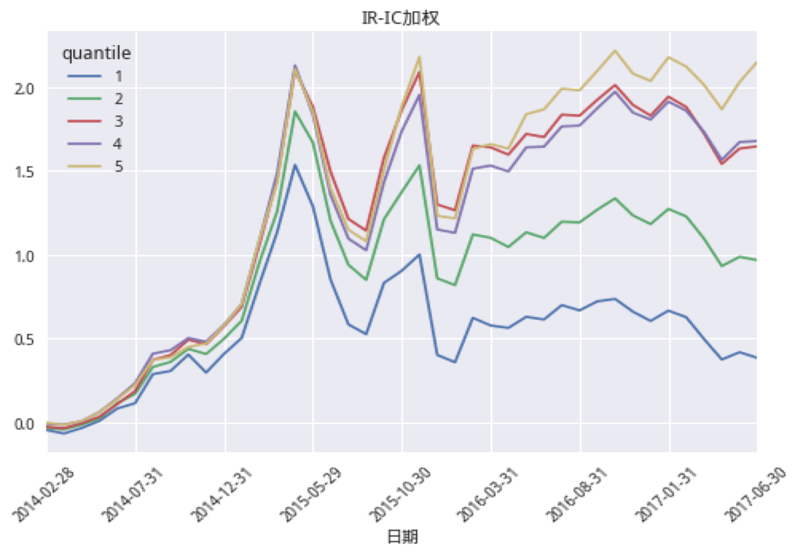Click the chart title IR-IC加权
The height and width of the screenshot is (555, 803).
coord(400,18)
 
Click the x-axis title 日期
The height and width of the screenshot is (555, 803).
coord(402,537)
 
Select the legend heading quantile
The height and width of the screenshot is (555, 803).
coord(96,53)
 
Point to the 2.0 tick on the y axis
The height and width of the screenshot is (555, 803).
coord(24,89)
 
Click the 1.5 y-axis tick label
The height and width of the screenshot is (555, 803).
coord(24,172)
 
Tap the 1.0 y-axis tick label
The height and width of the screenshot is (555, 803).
coord(24,256)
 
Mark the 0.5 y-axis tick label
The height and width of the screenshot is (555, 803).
coord(24,340)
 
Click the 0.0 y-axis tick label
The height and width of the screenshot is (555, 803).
coord(24,424)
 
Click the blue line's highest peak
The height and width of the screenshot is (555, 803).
coord(295,165)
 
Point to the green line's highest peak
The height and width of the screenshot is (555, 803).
coord(295,111)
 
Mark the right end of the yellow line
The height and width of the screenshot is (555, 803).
coord(756,62)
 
